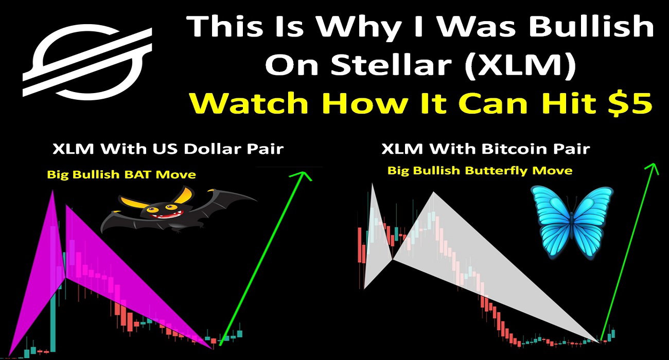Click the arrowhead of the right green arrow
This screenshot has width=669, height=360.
(653, 168)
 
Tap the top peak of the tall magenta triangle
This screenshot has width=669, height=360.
(53, 190)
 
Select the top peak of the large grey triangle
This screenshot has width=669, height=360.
(433, 192)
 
